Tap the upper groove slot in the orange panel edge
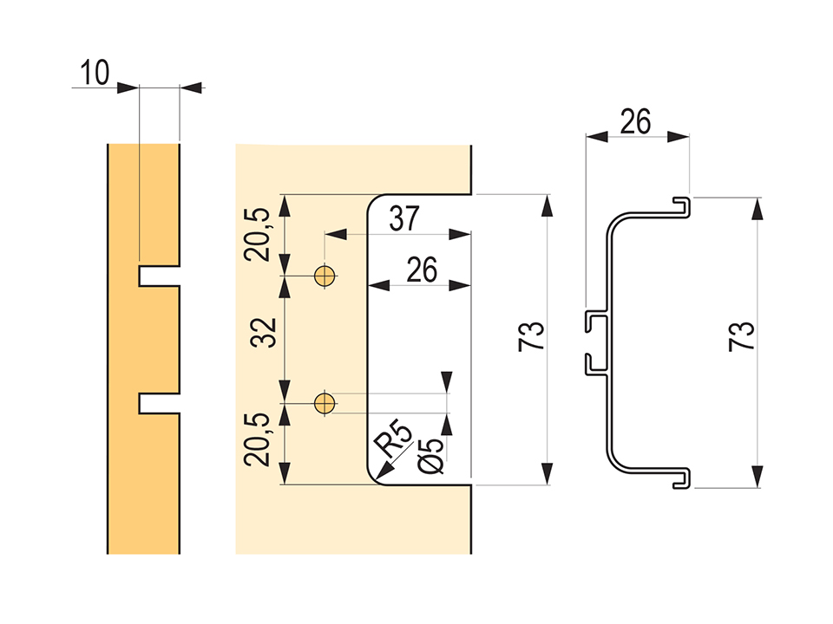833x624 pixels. point(158,276)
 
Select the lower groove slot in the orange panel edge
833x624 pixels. point(158,402)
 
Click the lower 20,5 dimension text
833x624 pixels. point(259,439)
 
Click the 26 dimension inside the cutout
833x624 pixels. point(421,270)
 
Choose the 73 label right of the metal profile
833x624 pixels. point(742,336)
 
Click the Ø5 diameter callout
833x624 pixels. point(430,455)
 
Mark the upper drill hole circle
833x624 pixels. point(325,276)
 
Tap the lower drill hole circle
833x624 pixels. point(325,402)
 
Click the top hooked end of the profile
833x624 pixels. point(683,205)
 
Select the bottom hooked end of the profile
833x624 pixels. point(683,479)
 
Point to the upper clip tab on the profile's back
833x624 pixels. point(594,318)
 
